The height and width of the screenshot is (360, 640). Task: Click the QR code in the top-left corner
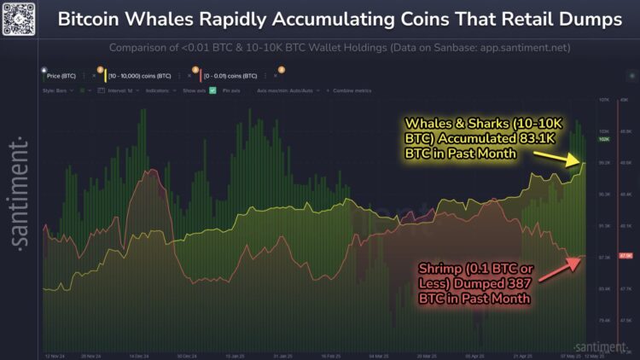coord(20,20)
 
